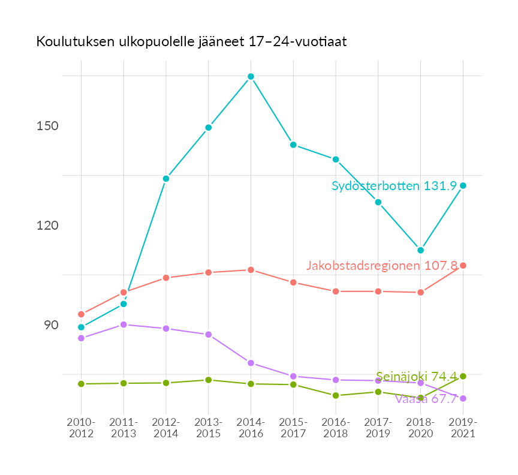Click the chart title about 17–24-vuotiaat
click(x=191, y=42)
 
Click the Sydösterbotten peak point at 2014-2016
click(x=251, y=77)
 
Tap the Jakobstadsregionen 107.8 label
click(x=381, y=265)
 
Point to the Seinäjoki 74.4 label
click(x=416, y=377)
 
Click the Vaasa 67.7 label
click(x=426, y=399)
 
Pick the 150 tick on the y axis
click(x=47, y=126)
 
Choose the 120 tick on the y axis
click(x=47, y=226)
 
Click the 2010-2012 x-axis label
click(x=81, y=428)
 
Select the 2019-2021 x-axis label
click(x=463, y=428)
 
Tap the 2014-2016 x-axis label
click(x=251, y=428)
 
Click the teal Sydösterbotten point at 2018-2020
click(x=421, y=250)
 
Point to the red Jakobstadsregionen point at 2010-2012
click(x=81, y=314)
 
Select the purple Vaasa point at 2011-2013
click(x=124, y=324)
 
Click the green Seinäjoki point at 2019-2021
click(x=463, y=376)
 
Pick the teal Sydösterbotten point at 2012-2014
click(x=166, y=179)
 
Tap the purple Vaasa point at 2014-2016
click(x=251, y=363)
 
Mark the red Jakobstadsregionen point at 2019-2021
click(x=463, y=266)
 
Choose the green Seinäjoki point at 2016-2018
click(x=336, y=395)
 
